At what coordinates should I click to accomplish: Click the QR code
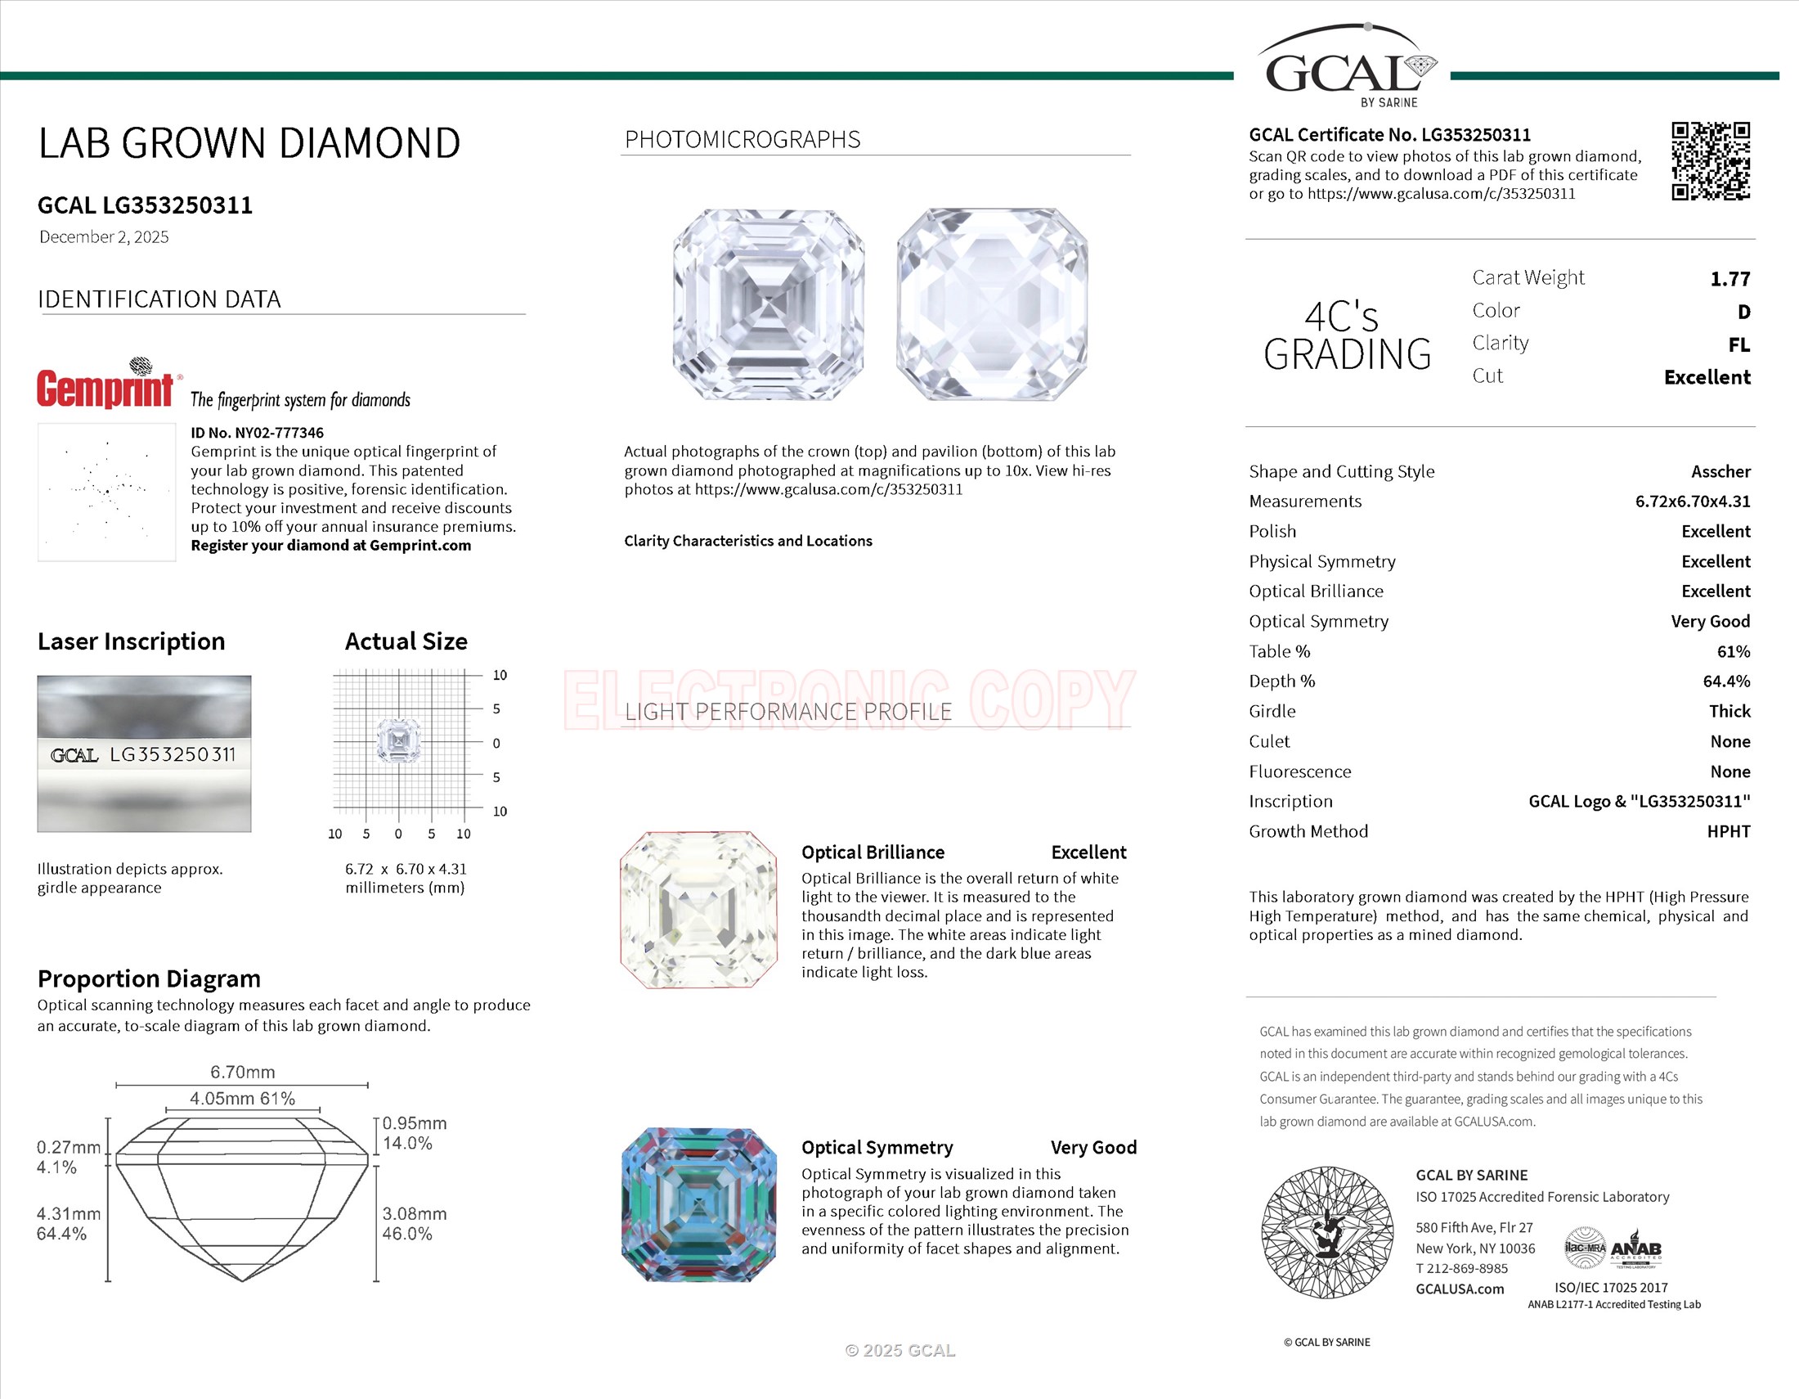(x=1710, y=161)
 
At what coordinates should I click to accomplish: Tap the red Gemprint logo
(x=105, y=388)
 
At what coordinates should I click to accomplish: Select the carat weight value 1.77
(x=1729, y=279)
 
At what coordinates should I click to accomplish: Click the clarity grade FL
(x=1738, y=345)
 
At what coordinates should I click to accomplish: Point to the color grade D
(x=1743, y=313)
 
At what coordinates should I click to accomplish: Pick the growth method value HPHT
(x=1728, y=831)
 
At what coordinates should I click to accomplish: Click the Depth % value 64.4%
(x=1725, y=682)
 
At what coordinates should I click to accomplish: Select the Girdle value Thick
(x=1729, y=711)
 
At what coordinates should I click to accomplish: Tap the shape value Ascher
(x=1720, y=471)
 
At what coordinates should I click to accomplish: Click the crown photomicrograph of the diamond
(x=768, y=305)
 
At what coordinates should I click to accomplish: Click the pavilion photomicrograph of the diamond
(x=992, y=305)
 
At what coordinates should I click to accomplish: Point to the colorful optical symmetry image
(x=698, y=1204)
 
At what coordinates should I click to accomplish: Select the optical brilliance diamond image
(x=698, y=910)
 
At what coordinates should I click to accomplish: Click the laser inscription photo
(x=144, y=753)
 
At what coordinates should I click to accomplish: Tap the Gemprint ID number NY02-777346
(x=257, y=433)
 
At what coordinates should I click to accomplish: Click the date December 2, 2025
(x=104, y=237)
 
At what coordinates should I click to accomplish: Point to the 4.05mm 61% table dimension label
(x=242, y=1098)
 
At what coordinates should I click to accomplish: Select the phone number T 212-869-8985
(x=1462, y=1269)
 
